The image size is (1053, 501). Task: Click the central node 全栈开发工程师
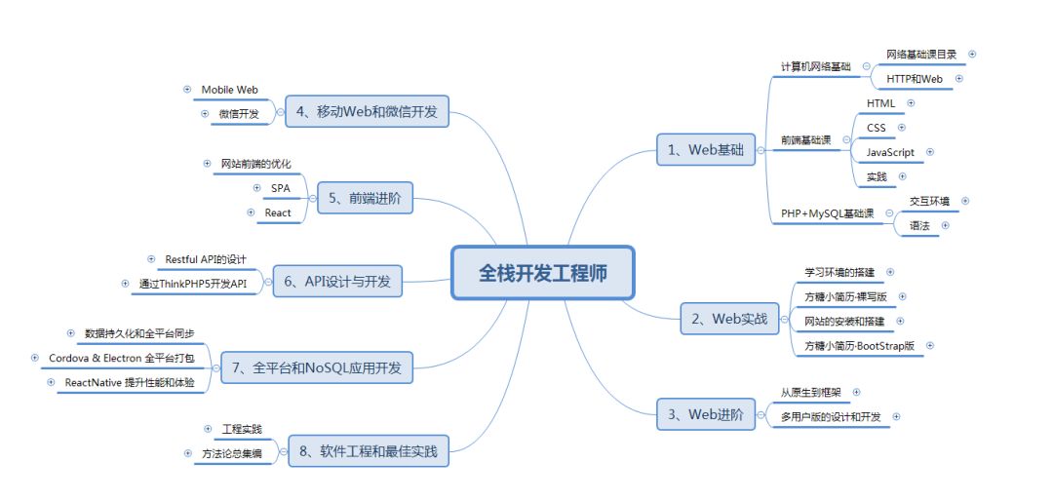point(542,274)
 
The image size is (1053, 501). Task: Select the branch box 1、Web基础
point(707,150)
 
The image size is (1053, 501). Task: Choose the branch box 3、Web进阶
point(707,414)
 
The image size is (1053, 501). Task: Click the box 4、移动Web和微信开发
point(368,112)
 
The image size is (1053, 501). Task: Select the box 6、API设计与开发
point(337,282)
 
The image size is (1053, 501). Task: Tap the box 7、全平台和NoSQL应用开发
point(318,369)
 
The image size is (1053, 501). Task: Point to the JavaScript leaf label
point(890,152)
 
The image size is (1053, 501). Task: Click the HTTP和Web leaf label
point(915,78)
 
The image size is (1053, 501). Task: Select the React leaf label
point(278,212)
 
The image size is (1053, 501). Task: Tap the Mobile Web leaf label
point(230,90)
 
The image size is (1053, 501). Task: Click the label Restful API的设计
point(206,259)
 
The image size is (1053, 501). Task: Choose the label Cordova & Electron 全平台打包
point(122,358)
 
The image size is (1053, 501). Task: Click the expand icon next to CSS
point(901,127)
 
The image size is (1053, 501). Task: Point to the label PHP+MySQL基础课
point(827,213)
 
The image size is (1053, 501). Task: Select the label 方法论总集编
point(232,453)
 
